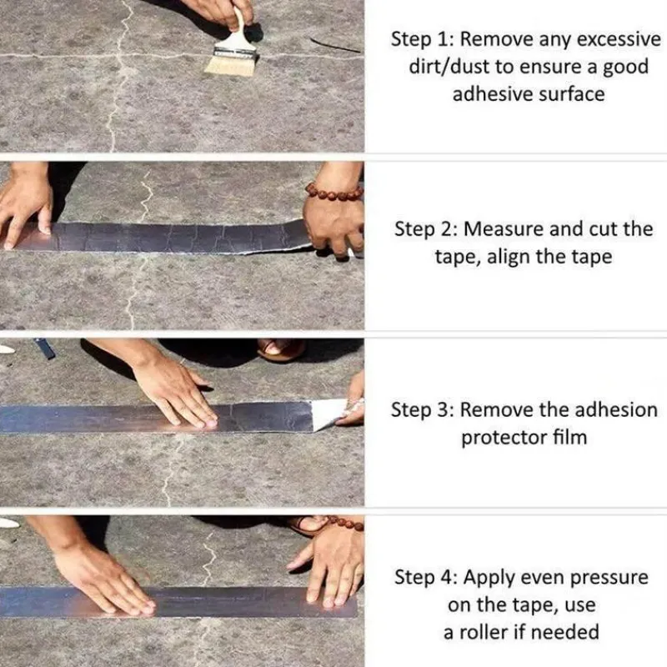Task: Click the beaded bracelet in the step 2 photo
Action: (334, 193)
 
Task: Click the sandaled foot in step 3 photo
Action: (281, 349)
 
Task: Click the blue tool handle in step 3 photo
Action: (45, 349)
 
